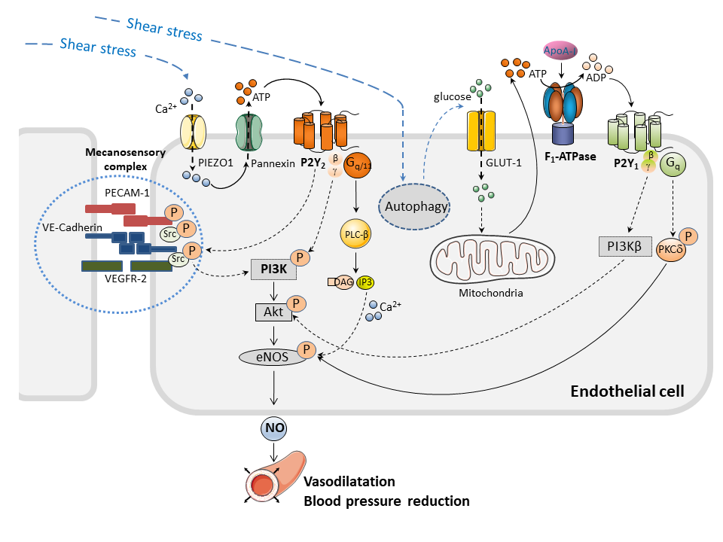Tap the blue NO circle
273,429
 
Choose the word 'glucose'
452,96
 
